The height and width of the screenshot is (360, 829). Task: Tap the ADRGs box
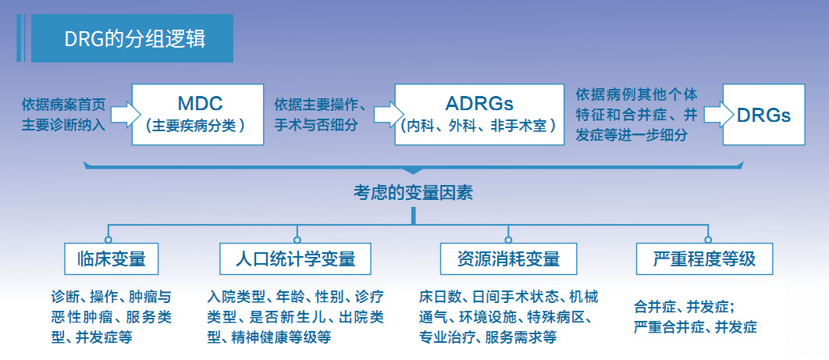click(479, 114)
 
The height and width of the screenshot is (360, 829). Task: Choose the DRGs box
click(763, 114)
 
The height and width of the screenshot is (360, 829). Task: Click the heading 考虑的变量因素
click(414, 192)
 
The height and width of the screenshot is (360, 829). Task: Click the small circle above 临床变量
click(109, 239)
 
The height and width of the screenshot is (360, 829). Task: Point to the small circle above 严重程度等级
click(708, 239)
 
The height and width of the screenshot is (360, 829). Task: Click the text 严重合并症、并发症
click(695, 327)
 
